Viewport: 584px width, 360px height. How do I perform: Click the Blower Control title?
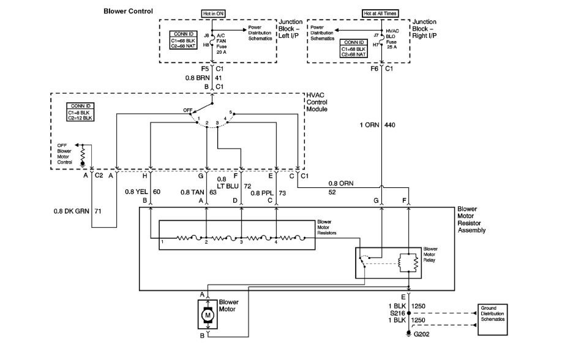tap(128, 11)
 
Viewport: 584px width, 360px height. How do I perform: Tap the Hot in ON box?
tap(214, 13)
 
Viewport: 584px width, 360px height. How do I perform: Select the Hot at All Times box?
tap(380, 13)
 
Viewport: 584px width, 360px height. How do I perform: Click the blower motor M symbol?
tap(208, 315)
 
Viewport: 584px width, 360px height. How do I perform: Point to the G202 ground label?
tap(421, 334)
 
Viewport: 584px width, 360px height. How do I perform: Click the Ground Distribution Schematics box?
tap(492, 320)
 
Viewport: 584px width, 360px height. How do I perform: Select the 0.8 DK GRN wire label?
tap(72, 211)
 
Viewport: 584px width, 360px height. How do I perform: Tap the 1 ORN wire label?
tap(369, 126)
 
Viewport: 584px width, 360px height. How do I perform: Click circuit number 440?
tap(389, 126)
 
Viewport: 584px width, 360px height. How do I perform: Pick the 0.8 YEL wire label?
tap(137, 192)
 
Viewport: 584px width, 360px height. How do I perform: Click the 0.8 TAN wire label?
tap(192, 192)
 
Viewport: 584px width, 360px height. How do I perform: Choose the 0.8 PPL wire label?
tap(262, 193)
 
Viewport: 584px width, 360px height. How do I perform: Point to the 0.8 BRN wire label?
tap(197, 78)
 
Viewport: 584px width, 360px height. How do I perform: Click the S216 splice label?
tap(397, 313)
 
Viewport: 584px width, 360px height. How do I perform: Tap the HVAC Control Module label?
tap(317, 102)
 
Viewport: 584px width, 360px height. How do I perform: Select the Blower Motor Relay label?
tap(430, 255)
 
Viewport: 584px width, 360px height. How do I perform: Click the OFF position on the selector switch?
tap(188, 110)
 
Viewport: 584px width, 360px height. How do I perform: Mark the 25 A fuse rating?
tap(392, 47)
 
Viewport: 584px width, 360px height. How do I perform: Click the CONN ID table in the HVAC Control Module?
tap(80, 112)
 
